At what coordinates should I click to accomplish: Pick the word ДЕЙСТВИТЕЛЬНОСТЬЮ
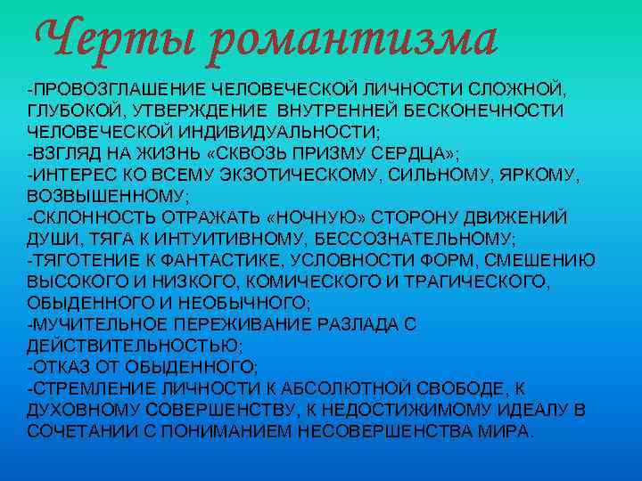coord(134,344)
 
